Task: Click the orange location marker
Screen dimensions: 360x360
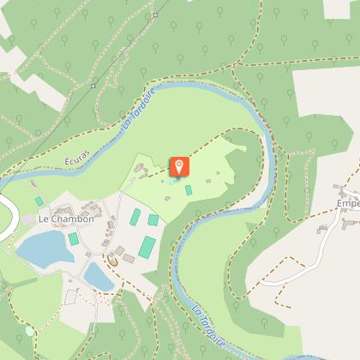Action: coord(180,166)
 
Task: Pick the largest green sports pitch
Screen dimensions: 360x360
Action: coord(147,248)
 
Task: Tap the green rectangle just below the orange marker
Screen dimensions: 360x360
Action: coord(189,189)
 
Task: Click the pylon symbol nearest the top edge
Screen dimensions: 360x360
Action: coord(155,15)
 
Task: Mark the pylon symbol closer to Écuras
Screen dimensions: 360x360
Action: coord(93,86)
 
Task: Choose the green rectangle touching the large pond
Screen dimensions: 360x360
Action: coord(74,239)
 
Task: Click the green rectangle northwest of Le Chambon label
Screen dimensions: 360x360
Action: coord(39,201)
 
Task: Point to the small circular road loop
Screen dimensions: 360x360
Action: coord(111,257)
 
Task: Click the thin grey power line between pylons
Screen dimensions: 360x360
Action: coord(124,50)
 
